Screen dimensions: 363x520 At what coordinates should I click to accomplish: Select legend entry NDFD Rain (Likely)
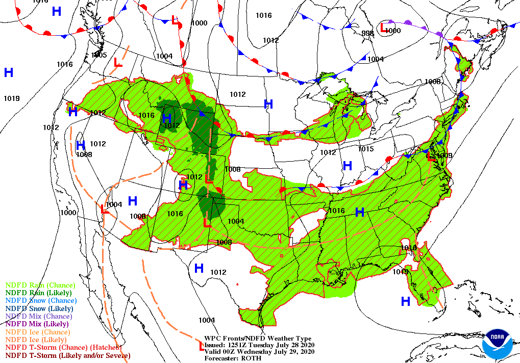click(38, 293)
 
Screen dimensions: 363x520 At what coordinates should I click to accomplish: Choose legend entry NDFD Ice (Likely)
click(36, 340)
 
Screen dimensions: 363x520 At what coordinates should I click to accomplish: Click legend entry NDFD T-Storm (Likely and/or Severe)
click(68, 355)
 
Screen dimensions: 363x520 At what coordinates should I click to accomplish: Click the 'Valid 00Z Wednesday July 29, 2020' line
click(259, 351)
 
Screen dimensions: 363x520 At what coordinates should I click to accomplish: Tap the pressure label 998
click(367, 33)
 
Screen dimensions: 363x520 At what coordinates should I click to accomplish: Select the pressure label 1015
click(365, 149)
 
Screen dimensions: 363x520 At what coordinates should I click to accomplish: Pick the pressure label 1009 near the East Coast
click(445, 155)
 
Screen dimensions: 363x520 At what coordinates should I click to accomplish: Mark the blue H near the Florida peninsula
click(406, 301)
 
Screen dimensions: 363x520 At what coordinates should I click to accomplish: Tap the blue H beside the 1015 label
click(348, 165)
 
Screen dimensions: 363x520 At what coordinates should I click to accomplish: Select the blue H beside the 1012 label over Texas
click(199, 268)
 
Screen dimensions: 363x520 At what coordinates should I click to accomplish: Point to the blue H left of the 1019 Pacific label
click(9, 72)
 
